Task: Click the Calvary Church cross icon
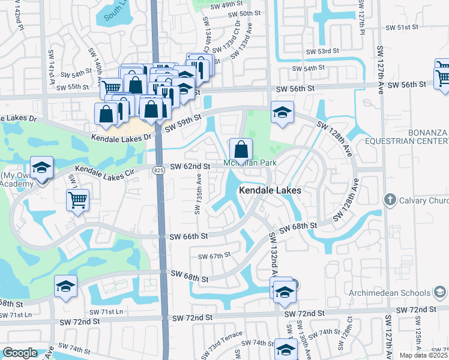[390, 199]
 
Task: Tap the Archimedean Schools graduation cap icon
[440, 292]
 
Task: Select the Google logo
[20, 353]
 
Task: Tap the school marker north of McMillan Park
[282, 112]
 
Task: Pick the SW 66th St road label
[189, 237]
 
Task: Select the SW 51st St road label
[401, 27]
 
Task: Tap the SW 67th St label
[214, 256]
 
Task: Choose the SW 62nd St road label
[190, 166]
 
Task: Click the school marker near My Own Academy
[41, 168]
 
